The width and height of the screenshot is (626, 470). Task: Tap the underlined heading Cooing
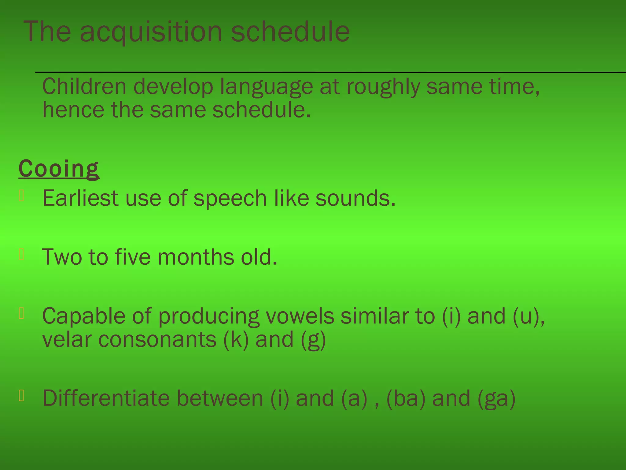click(59, 169)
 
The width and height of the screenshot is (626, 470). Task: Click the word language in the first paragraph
click(267, 87)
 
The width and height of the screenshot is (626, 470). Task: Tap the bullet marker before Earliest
click(21, 196)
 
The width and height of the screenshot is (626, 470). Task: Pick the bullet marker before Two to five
click(21, 254)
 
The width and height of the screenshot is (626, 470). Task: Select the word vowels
click(300, 316)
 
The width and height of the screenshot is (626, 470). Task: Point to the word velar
click(67, 340)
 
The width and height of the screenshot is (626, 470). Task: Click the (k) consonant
click(236, 340)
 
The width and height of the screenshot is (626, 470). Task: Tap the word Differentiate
click(106, 398)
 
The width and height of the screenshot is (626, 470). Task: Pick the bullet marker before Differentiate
click(21, 396)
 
